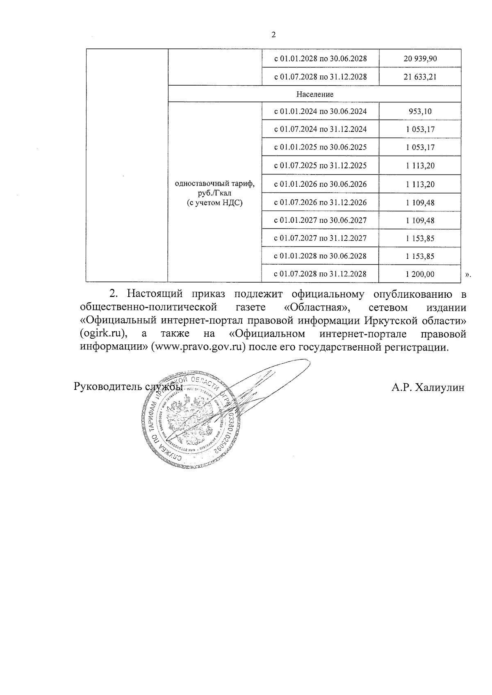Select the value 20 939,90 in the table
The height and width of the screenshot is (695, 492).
pyautogui.click(x=420, y=59)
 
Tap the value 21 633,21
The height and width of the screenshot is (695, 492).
pyautogui.click(x=420, y=77)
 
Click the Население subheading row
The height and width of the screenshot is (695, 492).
pyautogui.click(x=315, y=94)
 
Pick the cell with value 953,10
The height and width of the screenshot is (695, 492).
pyautogui.click(x=420, y=111)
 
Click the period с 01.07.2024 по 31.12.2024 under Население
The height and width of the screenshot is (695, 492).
pyautogui.click(x=320, y=129)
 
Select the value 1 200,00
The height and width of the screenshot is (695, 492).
pyautogui.click(x=420, y=274)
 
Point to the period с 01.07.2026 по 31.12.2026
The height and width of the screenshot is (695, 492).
pyautogui.click(x=320, y=202)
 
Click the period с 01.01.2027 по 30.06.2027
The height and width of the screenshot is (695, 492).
pyautogui.click(x=320, y=220)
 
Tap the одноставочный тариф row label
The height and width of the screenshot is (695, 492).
pyautogui.click(x=214, y=184)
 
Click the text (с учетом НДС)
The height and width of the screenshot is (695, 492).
pyautogui.click(x=214, y=202)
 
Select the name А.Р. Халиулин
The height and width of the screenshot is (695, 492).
pyautogui.click(x=428, y=387)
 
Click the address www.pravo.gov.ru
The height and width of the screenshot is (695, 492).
pyautogui.click(x=198, y=348)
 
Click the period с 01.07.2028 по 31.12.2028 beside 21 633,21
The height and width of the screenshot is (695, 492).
pyautogui.click(x=320, y=77)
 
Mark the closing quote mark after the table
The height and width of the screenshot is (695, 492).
pyautogui.click(x=468, y=275)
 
